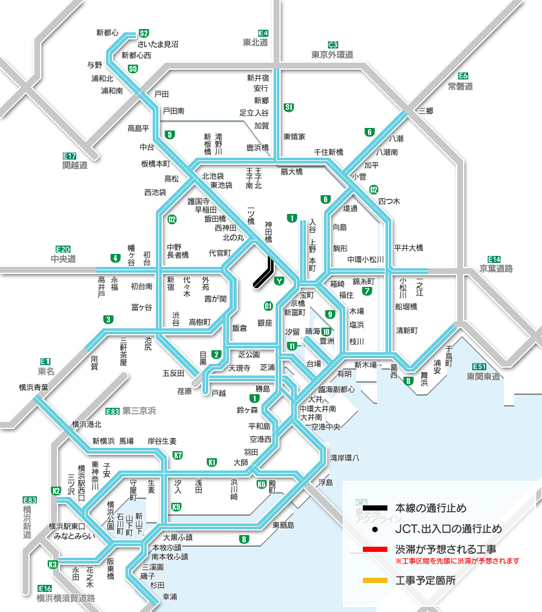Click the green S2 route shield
[x=144, y=33]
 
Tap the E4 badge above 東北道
[x=263, y=33]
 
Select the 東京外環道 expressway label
[x=332, y=54]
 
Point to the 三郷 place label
[x=426, y=111]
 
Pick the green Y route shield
[x=279, y=280]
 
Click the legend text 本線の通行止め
[x=430, y=508]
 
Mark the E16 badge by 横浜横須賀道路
[x=45, y=588]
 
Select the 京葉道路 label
[x=496, y=268]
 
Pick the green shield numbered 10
[x=327, y=332]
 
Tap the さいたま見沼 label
[x=157, y=44]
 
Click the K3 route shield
[x=53, y=564]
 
